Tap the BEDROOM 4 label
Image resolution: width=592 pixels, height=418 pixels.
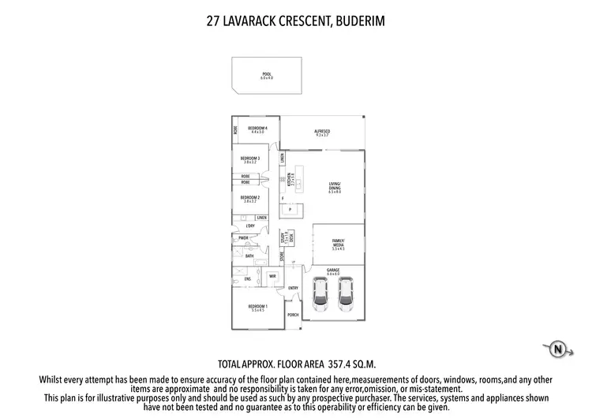258,129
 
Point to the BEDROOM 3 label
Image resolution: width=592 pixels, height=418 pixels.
250,158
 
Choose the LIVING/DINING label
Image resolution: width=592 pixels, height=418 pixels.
335,187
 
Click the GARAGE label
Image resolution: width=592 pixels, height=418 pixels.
333,270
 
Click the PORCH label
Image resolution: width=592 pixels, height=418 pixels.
293,314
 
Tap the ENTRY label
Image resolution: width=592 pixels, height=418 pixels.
293,288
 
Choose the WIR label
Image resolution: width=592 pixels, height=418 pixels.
272,276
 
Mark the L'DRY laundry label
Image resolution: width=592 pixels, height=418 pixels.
250,226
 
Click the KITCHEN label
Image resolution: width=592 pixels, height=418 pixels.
290,178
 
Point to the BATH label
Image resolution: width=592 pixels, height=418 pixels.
249,256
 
